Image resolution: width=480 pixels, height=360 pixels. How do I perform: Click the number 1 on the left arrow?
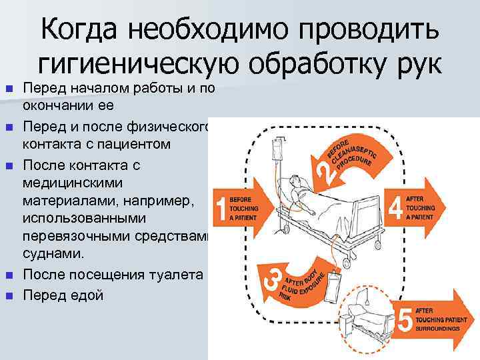click(x=219, y=208)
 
